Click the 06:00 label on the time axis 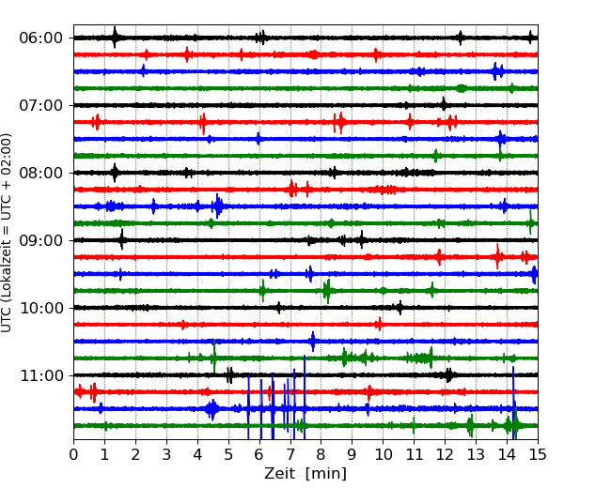(40, 38)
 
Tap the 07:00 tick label (40, 105)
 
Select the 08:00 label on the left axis (40, 173)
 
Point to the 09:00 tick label (40, 240)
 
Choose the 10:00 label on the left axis (40, 308)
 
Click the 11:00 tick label (40, 375)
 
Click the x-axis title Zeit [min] (305, 474)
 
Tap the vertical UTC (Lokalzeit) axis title (6, 233)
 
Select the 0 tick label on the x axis (73, 454)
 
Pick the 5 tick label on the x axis (228, 454)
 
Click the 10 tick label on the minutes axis (383, 454)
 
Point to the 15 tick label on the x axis (538, 454)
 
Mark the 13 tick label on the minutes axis (476, 454)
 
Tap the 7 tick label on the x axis (290, 454)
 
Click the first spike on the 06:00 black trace (115, 38)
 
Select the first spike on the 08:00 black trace (115, 173)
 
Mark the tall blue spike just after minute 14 (513, 403)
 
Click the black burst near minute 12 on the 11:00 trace (448, 375)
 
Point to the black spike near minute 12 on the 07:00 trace (444, 104)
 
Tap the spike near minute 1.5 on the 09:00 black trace (122, 239)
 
